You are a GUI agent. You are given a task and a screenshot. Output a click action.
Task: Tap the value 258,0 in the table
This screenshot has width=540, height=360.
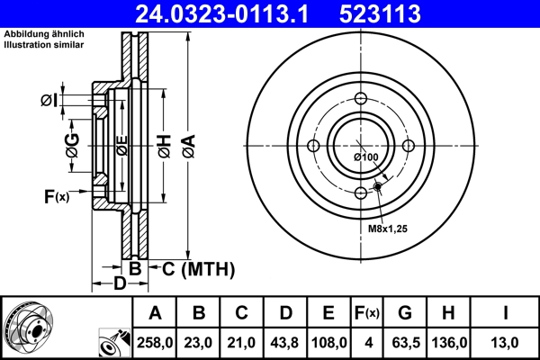[155, 343]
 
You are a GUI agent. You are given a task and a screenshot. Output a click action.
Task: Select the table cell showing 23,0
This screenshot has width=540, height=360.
[199, 343]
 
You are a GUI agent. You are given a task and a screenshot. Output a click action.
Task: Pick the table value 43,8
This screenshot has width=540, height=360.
[285, 343]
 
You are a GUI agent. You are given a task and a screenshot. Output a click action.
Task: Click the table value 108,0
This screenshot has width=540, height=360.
[328, 343]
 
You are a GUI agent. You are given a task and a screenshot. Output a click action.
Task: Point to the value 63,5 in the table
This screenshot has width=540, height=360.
[405, 343]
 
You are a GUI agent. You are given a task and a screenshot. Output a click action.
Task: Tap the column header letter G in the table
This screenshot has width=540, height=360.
[405, 313]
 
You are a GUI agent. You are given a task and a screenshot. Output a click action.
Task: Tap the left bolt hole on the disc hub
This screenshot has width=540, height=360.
[312, 147]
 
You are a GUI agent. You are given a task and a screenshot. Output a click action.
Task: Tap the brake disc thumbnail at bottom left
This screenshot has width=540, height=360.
[27, 325]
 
